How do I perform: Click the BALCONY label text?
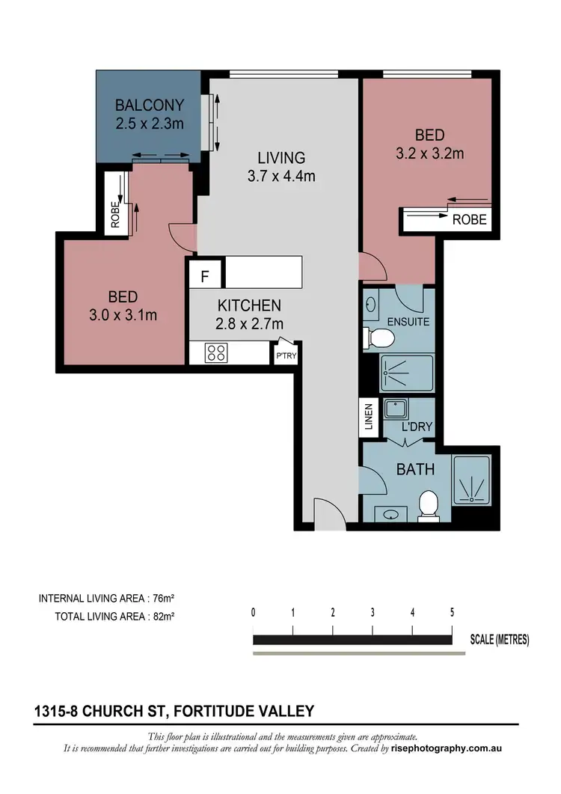[x=149, y=106]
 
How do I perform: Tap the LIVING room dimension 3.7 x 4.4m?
[x=281, y=177]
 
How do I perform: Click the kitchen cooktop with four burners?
[x=217, y=352]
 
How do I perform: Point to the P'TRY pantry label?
[x=286, y=356]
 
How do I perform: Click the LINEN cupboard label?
[x=368, y=416]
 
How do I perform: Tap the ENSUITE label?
[x=408, y=322]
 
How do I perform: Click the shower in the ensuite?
[x=406, y=373]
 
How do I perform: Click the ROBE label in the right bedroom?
[x=469, y=219]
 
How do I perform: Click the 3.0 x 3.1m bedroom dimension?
[x=123, y=315]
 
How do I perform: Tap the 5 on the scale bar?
[x=452, y=612]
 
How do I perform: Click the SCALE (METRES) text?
[x=499, y=639]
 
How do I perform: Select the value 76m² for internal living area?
[x=162, y=598]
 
